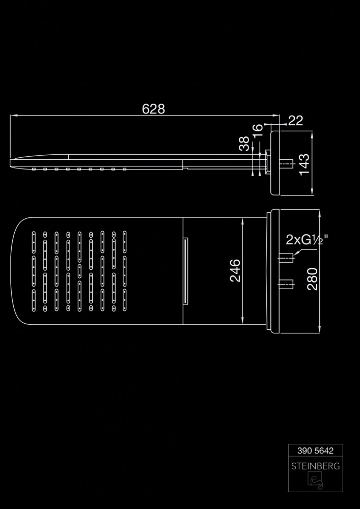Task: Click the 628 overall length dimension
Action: point(153,109)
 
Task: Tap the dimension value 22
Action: point(295,121)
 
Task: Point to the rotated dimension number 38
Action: point(244,144)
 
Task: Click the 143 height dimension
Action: point(304,164)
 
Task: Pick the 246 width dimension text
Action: point(235,270)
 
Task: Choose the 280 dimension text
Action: point(312,279)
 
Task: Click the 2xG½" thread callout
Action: point(307,241)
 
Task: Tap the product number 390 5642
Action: point(315,450)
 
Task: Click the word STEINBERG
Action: point(315,466)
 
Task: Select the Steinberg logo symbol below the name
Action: point(316,482)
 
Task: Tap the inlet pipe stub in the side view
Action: point(286,163)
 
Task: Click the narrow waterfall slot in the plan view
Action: point(186,271)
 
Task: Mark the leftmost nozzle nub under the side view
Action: point(34,169)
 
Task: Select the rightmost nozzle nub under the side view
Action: point(125,169)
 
